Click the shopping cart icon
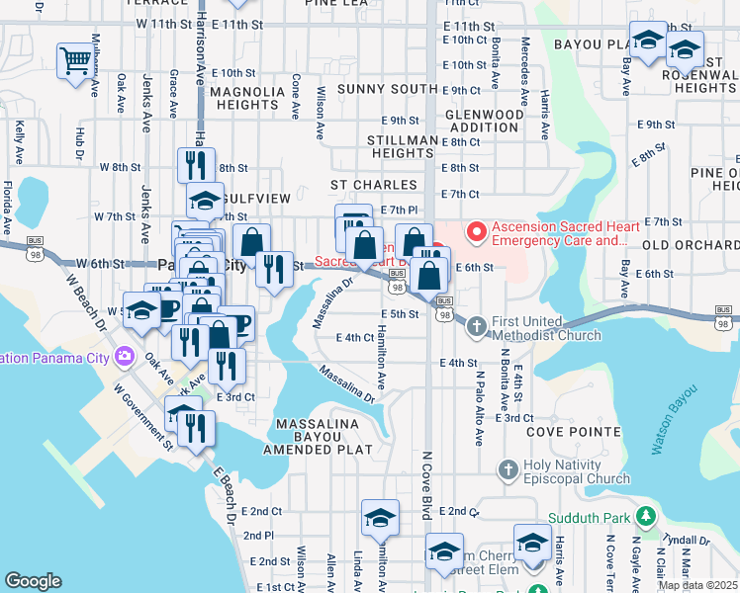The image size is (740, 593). click(74, 60)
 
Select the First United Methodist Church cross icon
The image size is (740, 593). click(476, 325)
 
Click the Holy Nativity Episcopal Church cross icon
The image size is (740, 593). click(508, 468)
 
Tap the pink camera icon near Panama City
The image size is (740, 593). click(126, 357)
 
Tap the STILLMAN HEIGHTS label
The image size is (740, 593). click(401, 147)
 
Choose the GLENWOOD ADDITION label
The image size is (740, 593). click(485, 121)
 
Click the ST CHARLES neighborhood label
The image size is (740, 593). click(373, 185)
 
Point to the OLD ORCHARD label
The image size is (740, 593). click(690, 244)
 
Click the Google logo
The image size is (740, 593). click(33, 580)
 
